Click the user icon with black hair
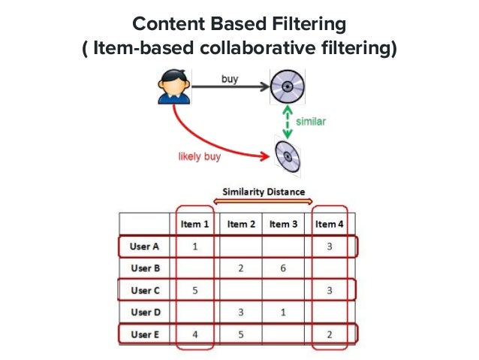(172, 86)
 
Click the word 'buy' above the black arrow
(230, 77)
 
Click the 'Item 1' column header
(195, 224)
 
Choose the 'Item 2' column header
(242, 224)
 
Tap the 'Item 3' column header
(284, 224)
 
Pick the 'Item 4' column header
(330, 224)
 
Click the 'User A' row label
(145, 246)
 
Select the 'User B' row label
(145, 268)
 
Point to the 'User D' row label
(145, 311)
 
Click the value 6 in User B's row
(284, 268)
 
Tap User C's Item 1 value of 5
(195, 289)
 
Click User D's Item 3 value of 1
(284, 311)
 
